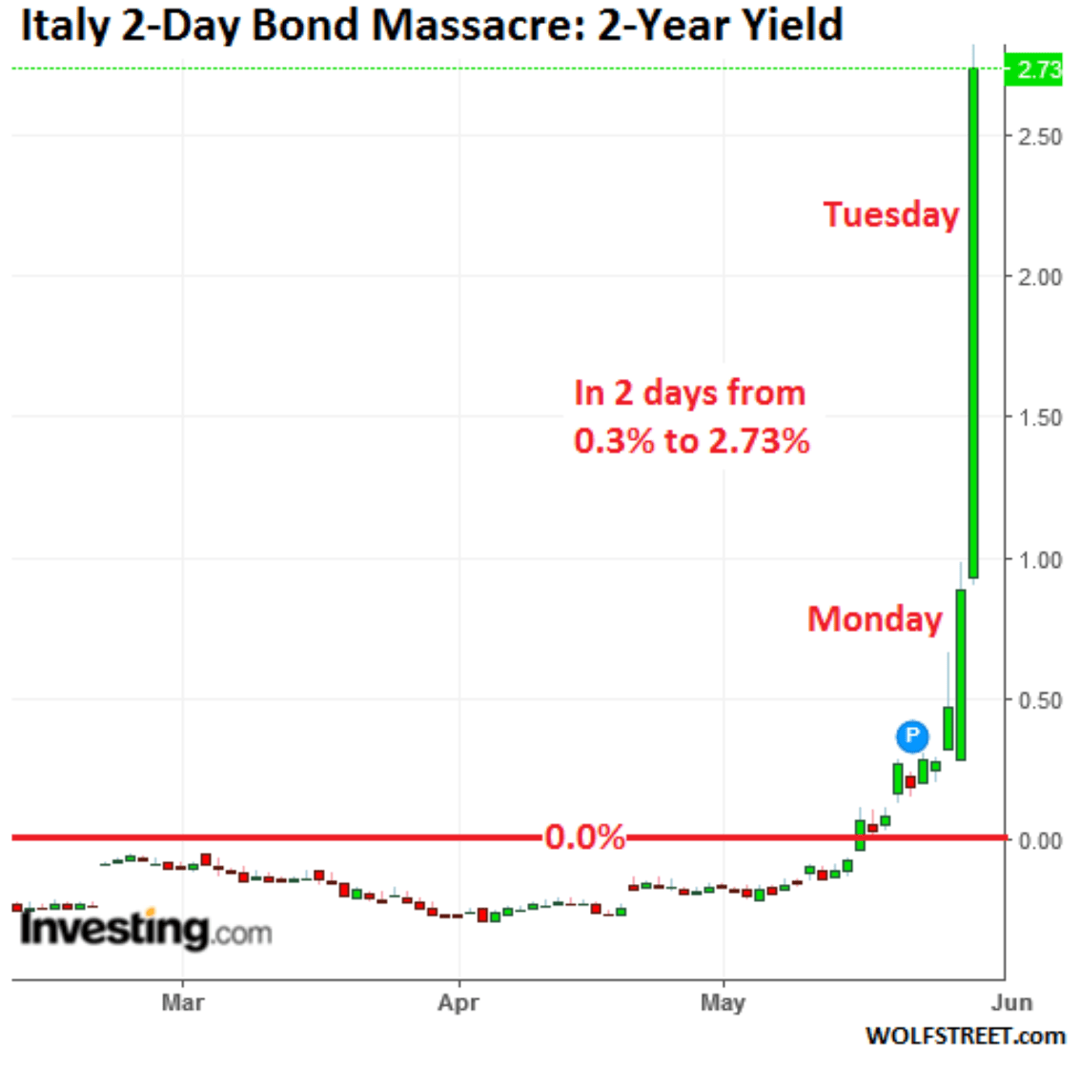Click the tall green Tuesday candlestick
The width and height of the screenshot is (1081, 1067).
[973, 324]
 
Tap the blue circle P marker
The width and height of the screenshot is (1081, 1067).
[912, 735]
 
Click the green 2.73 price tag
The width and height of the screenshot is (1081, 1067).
[1035, 70]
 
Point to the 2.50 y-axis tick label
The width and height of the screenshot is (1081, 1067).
[1039, 136]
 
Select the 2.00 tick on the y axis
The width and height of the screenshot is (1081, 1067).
[1039, 277]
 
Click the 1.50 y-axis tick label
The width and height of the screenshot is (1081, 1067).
[1039, 418]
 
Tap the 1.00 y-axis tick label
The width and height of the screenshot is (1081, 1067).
[1039, 559]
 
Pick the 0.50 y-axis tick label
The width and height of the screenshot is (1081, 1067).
[1039, 700]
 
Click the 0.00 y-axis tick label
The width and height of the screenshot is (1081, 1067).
[1039, 841]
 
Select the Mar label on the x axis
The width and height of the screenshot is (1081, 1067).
[182, 1003]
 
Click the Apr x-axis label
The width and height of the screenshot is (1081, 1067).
[459, 1003]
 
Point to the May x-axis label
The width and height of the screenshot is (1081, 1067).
[723, 1003]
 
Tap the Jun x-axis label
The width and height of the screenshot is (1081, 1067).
[1011, 1003]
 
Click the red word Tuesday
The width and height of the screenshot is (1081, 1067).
[891, 214]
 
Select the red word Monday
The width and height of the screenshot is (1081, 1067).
[875, 619]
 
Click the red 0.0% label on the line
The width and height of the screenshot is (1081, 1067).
[585, 837]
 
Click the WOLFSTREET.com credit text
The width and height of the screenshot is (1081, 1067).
[965, 1037]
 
